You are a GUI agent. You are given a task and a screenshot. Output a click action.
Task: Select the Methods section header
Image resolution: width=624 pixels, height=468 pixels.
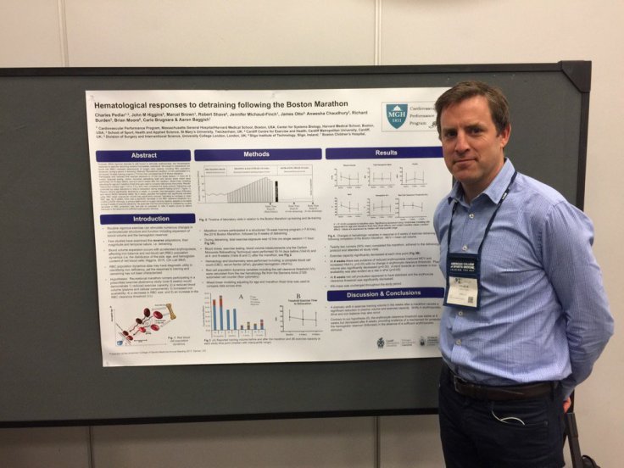click(x=258, y=154)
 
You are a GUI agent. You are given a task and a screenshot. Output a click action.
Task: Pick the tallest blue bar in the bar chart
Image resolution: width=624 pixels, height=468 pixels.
click(x=214, y=314)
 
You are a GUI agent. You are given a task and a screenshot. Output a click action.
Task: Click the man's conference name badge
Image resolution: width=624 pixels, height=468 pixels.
click(x=462, y=279)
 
